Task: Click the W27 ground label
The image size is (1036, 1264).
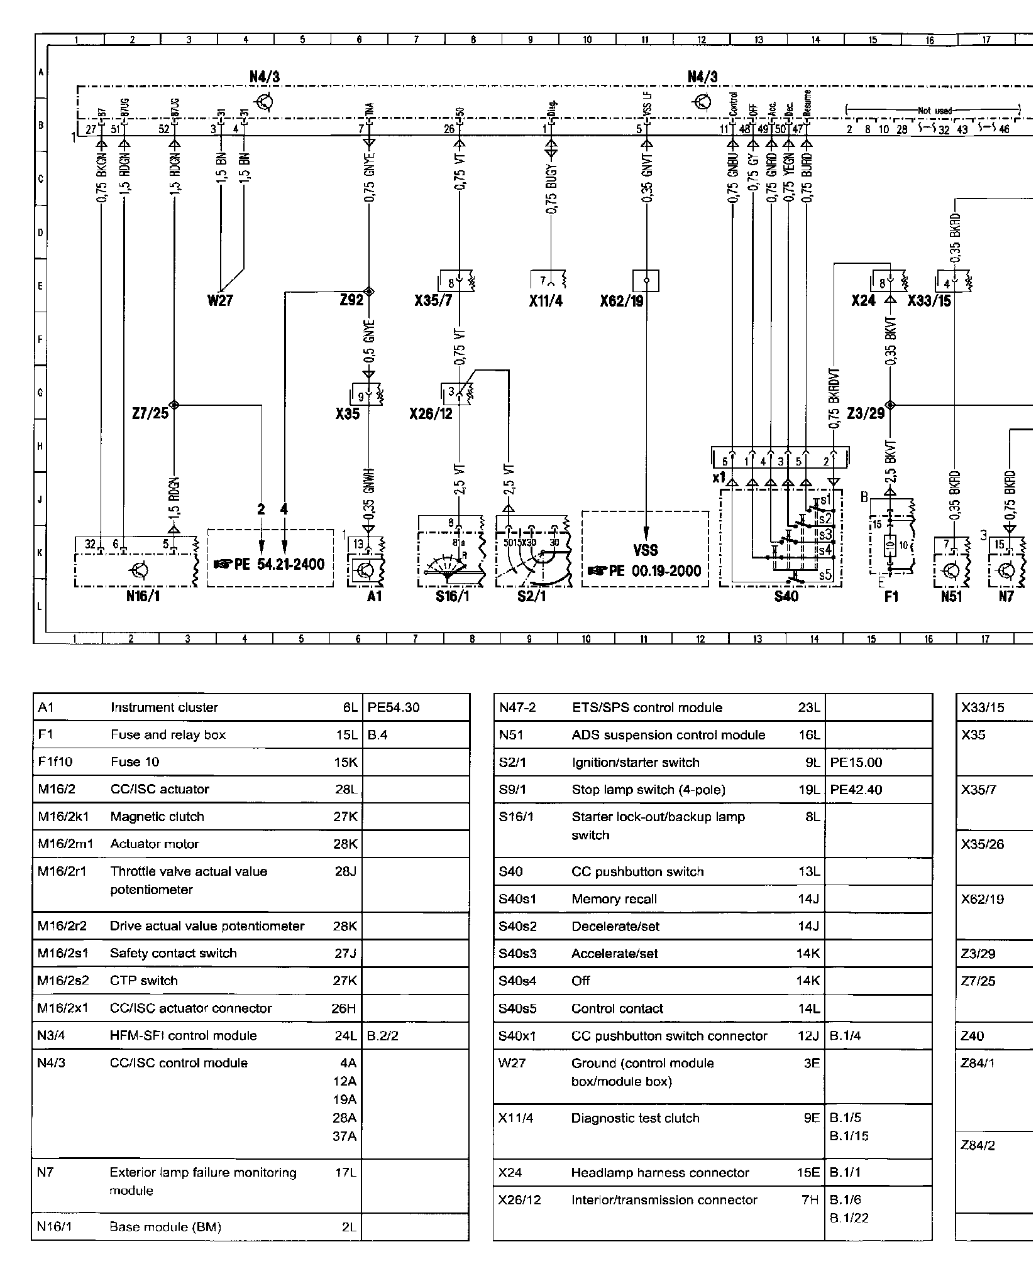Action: [220, 300]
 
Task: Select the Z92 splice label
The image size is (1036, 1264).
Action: [351, 300]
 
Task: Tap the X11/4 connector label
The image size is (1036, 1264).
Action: [546, 301]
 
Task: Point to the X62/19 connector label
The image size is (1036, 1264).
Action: [622, 301]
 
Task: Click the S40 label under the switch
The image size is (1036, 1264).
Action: [786, 596]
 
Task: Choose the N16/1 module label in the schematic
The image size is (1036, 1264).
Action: [143, 596]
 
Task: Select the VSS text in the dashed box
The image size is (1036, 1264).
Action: [646, 550]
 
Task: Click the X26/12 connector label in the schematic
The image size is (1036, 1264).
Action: [431, 414]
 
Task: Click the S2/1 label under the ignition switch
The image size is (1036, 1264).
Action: [532, 596]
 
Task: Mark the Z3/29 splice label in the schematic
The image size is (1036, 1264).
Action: [866, 413]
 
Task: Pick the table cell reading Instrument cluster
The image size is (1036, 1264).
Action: [164, 707]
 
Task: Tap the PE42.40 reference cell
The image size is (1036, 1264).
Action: [856, 790]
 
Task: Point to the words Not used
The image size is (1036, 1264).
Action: [935, 111]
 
